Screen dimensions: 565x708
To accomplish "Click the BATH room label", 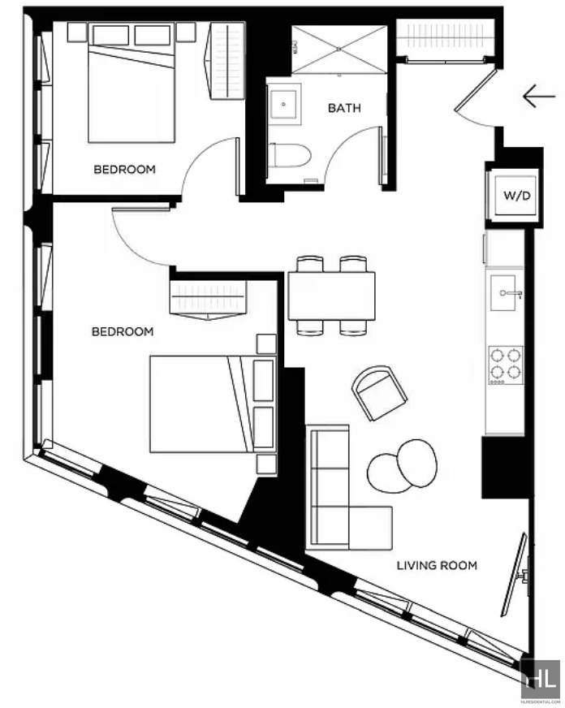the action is (x=344, y=108).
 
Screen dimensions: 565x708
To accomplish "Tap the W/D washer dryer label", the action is (x=517, y=196).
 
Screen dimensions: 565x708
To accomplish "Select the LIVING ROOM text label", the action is (x=437, y=565).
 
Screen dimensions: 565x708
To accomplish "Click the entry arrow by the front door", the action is (x=539, y=96).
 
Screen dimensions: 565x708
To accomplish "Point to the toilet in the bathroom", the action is (x=289, y=156).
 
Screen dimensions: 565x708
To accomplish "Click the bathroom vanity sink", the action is (x=284, y=104).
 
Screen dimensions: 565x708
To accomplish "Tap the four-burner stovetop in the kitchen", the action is (x=506, y=365).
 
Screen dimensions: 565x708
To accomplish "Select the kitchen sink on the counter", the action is (x=503, y=293).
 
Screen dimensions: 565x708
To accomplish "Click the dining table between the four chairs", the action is (x=332, y=296).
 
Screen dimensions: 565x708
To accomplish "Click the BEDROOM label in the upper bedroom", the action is (x=124, y=170).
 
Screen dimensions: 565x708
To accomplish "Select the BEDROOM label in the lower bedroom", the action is (x=123, y=331).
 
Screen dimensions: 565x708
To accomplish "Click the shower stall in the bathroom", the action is (x=339, y=50).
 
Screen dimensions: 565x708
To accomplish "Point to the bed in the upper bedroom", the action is (x=132, y=84).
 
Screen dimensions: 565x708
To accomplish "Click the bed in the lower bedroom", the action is (x=213, y=404).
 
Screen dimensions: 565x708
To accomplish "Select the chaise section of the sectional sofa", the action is (x=370, y=528).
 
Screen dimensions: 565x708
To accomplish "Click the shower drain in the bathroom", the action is (x=339, y=49).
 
